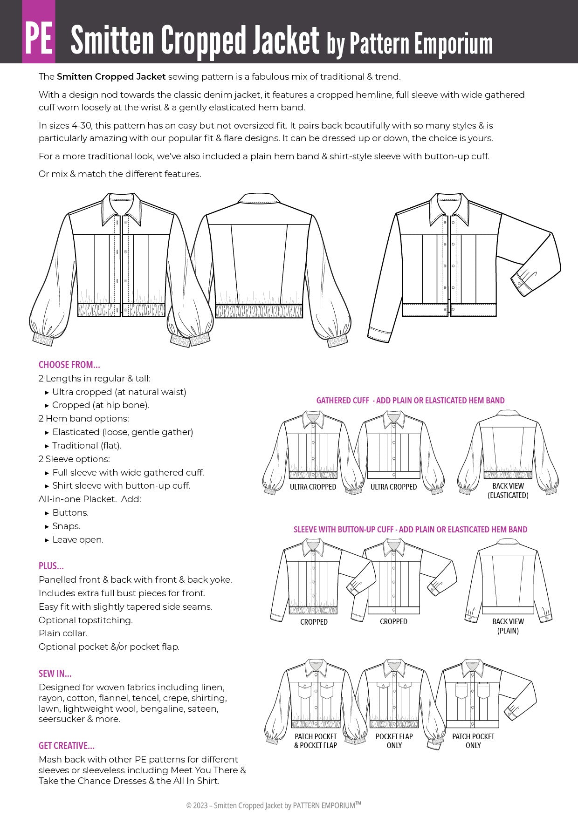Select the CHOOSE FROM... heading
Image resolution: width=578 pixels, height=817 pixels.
coord(69,365)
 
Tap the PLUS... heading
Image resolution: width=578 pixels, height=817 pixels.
coord(51,566)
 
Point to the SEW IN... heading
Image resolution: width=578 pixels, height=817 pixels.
coord(55,674)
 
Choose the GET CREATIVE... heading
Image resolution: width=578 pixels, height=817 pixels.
coord(67,746)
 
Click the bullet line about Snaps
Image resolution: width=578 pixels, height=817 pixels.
coord(66,526)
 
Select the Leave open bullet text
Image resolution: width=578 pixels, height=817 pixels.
coord(78,539)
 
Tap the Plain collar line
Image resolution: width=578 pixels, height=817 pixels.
coord(63,633)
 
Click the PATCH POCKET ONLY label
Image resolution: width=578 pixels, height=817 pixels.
coord(473,741)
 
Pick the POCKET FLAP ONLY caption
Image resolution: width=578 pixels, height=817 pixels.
coord(394,741)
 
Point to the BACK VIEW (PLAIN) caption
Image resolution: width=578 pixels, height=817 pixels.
coord(508,626)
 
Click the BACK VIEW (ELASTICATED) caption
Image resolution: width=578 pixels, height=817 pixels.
coord(508,490)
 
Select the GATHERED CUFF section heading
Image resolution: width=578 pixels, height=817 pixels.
coord(410,401)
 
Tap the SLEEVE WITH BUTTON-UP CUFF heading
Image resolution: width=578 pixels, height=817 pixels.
coord(410,530)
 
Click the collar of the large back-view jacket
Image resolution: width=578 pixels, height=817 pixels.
coord(258,199)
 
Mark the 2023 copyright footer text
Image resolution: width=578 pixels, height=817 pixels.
coord(274,805)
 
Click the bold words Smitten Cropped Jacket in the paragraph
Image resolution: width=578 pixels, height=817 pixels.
coord(111,77)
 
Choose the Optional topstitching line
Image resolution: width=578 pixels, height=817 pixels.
coord(86,620)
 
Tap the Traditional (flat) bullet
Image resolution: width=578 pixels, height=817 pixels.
coord(87,445)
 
